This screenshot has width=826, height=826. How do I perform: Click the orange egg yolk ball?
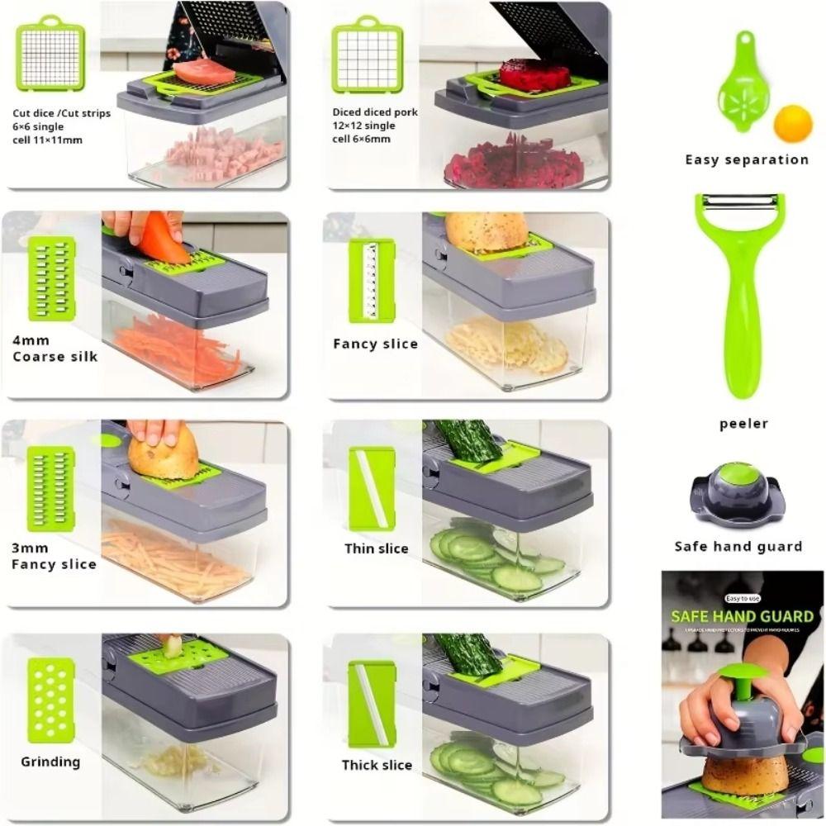[793, 123]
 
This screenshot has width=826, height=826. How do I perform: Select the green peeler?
[740, 297]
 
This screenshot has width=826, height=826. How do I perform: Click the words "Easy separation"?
[747, 159]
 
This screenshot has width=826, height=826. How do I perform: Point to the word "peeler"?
[743, 424]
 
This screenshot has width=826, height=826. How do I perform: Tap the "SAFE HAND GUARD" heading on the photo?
[742, 616]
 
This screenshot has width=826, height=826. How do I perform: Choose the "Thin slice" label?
[377, 548]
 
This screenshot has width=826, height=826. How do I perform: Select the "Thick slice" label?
[377, 765]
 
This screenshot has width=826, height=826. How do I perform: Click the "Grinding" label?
[50, 762]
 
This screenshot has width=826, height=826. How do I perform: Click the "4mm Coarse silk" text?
[55, 349]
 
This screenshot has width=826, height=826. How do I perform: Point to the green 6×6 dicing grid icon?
[50, 56]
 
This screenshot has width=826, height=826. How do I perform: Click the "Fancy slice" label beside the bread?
[376, 344]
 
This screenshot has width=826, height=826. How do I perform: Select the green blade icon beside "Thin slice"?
[372, 489]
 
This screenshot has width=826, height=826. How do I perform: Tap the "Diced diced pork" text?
[375, 112]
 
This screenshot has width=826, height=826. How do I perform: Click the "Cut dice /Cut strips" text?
[61, 114]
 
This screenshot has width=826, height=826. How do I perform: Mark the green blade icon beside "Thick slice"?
[372, 704]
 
